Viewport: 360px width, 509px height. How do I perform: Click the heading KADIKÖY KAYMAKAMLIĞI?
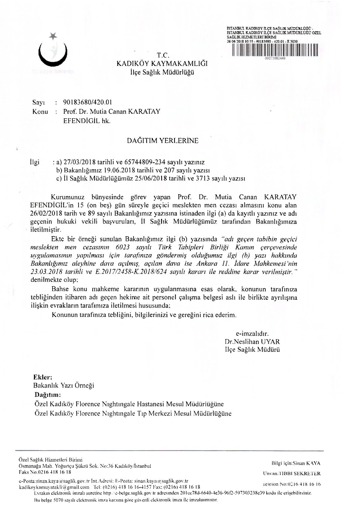point(162,64)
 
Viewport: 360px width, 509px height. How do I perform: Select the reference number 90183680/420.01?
point(88,102)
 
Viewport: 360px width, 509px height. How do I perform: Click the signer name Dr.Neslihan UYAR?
point(252,342)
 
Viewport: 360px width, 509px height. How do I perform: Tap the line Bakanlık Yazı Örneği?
point(64,385)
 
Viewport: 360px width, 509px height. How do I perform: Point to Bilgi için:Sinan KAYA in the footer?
point(295,463)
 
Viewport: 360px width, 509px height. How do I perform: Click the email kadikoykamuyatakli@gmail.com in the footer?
point(54,487)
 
